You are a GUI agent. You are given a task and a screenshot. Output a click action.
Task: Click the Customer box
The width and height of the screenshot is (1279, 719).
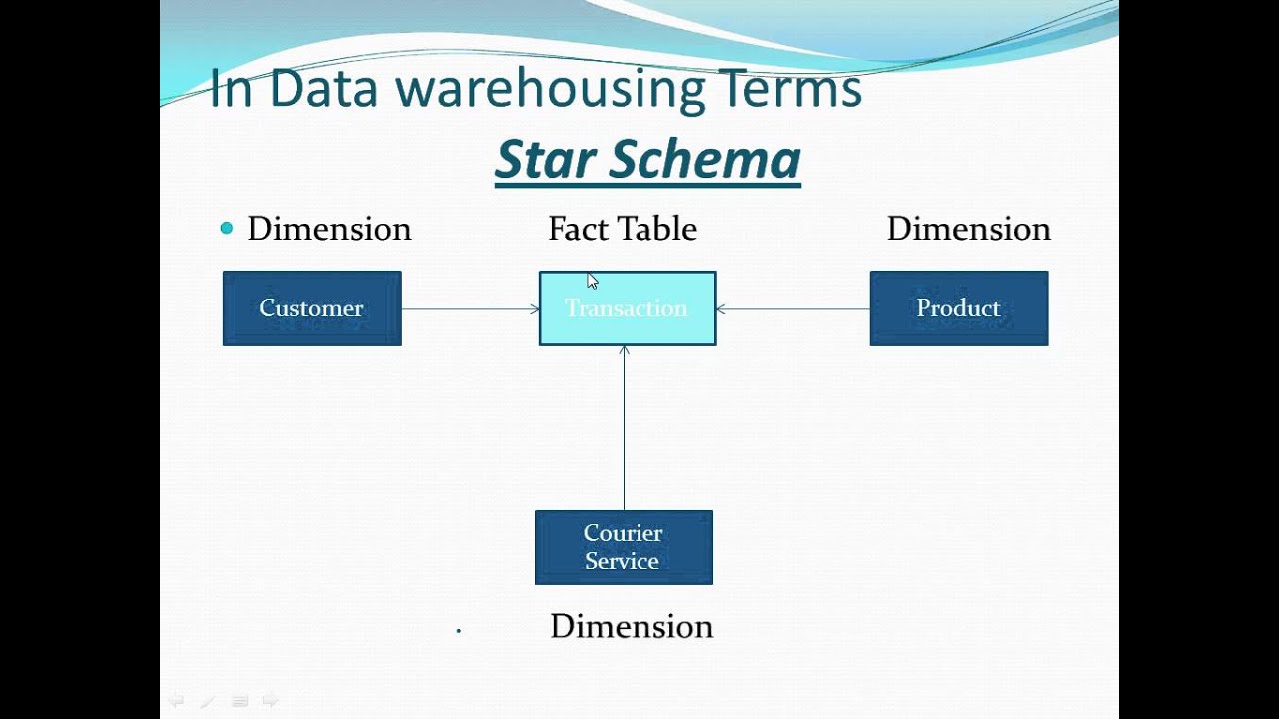point(312,308)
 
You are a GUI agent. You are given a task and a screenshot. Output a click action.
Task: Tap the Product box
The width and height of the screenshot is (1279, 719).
point(959,308)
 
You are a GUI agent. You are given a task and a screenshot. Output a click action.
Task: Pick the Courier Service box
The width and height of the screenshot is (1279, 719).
point(624,547)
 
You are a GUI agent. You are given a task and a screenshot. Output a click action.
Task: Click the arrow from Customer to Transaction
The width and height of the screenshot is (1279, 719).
point(470,309)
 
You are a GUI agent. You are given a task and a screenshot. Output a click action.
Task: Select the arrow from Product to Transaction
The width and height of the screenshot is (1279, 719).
point(793,309)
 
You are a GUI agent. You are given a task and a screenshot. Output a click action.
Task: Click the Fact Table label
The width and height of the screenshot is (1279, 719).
point(623,229)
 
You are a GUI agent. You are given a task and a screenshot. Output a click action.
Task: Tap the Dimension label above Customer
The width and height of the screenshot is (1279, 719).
point(329,229)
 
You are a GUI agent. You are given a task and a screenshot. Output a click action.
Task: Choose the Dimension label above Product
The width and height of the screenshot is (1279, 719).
point(968,229)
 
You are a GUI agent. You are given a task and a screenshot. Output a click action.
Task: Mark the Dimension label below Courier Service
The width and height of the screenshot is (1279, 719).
point(632,626)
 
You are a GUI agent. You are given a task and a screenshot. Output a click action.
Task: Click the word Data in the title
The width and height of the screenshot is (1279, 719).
point(323,88)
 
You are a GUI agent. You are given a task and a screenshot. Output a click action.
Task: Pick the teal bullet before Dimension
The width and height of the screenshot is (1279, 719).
point(227,229)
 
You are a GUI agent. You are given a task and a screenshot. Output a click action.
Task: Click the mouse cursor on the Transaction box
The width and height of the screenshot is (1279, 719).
point(592,282)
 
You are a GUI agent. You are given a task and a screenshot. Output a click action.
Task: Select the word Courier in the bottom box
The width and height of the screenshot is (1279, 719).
point(623,533)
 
